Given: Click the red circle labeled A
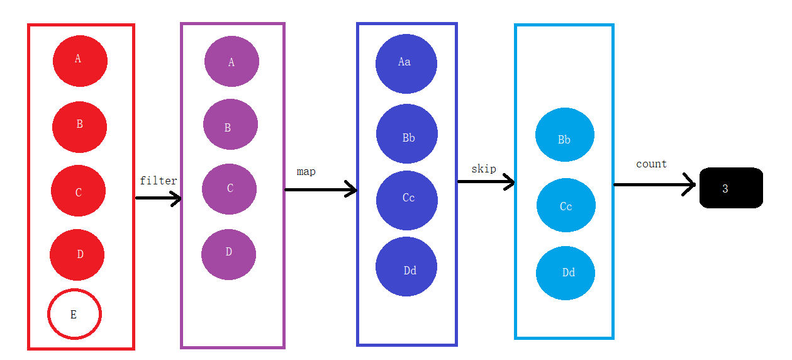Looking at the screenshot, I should [x=80, y=61].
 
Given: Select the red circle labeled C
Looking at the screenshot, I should [x=79, y=191].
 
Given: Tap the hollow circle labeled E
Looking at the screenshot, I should [x=74, y=313].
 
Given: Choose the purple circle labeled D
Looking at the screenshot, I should [x=228, y=254].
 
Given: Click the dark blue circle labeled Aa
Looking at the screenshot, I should [x=406, y=64].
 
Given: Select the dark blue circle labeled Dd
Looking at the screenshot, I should [x=406, y=267].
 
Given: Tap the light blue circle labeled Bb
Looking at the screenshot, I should [x=565, y=135].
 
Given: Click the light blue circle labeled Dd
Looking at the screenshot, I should [x=565, y=273].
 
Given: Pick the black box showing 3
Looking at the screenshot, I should [x=731, y=188].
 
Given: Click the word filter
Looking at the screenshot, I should [x=159, y=181].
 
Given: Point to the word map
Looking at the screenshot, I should [x=306, y=171].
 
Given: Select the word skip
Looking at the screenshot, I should [x=484, y=169].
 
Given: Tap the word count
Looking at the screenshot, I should [x=651, y=164].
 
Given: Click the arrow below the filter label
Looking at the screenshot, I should [x=159, y=198].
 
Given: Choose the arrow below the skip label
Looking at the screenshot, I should [x=486, y=182].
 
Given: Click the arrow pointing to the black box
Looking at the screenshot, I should [x=654, y=184].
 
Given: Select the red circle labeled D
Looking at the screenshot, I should [x=77, y=254].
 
